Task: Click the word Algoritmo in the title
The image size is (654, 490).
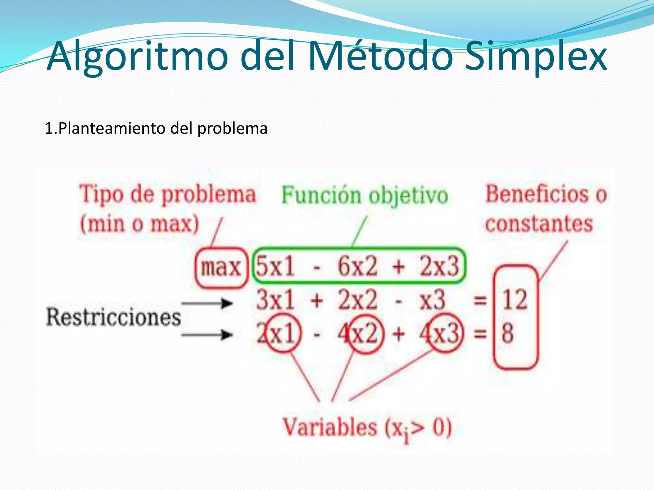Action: click(137, 57)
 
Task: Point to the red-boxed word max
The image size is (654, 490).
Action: click(221, 267)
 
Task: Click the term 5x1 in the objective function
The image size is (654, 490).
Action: click(275, 266)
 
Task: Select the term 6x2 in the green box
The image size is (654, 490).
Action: click(358, 266)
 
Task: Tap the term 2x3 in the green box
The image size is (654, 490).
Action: click(439, 266)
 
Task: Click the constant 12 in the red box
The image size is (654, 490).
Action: click(515, 300)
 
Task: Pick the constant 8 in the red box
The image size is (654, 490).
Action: click(508, 333)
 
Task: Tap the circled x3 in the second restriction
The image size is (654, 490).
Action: click(445, 333)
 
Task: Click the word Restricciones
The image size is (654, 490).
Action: click(114, 317)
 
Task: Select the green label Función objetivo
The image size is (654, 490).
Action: click(364, 195)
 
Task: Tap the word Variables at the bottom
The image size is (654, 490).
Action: click(330, 427)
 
